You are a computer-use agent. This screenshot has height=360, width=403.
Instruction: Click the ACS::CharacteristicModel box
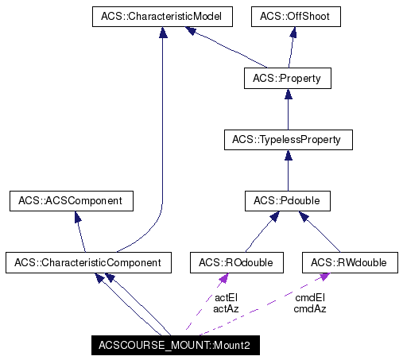tap(162, 17)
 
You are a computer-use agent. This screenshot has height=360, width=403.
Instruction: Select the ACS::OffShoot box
tap(296, 17)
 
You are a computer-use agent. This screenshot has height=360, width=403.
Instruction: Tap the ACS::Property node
tap(286, 78)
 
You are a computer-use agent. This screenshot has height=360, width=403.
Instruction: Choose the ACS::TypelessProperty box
tap(286, 140)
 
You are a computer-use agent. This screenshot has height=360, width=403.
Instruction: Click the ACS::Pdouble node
tap(286, 201)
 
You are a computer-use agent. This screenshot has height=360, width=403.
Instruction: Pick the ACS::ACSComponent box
tap(71, 201)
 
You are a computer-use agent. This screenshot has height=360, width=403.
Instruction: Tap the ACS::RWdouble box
tap(349, 262)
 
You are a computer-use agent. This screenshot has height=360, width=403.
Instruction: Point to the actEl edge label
tap(227, 297)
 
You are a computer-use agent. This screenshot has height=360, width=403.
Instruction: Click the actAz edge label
tap(227, 308)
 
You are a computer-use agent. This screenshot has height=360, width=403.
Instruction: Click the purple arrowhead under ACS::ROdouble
tap(224, 277)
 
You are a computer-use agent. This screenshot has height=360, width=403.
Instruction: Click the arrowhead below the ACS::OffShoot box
tap(293, 33)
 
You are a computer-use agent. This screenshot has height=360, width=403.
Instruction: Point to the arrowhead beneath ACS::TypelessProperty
tap(286, 156)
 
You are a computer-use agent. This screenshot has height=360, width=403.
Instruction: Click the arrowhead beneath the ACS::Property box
tap(286, 94)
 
